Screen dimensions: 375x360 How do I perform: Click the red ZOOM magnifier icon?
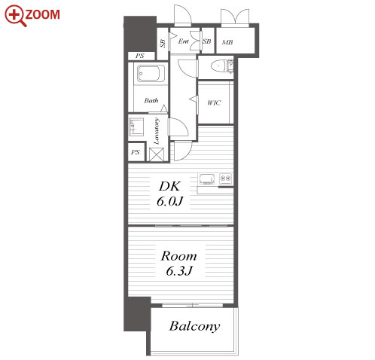point(15,16)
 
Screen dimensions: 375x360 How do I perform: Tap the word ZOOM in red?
point(42,14)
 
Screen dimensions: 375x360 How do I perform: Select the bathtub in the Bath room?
point(151,73)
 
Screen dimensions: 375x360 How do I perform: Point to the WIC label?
point(214,102)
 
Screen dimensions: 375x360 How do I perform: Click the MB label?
point(227,42)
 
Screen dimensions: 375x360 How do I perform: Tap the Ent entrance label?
point(183,41)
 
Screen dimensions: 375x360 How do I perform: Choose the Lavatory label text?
point(156,131)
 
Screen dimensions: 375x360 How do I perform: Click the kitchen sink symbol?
point(207,179)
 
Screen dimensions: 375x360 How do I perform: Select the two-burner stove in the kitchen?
point(225,179)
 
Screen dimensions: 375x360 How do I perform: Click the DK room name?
point(169,186)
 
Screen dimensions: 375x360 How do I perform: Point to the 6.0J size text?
point(169,201)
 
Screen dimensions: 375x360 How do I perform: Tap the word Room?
point(178,256)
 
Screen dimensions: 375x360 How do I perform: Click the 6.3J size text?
point(179,270)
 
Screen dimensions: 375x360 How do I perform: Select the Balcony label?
point(194,326)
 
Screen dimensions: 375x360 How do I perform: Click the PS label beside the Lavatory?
point(136,152)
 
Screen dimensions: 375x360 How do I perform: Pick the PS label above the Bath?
point(140,56)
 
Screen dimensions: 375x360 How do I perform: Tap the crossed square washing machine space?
point(157,154)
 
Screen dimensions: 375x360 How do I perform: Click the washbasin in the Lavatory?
point(136,127)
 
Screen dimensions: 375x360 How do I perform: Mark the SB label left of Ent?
point(163,43)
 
